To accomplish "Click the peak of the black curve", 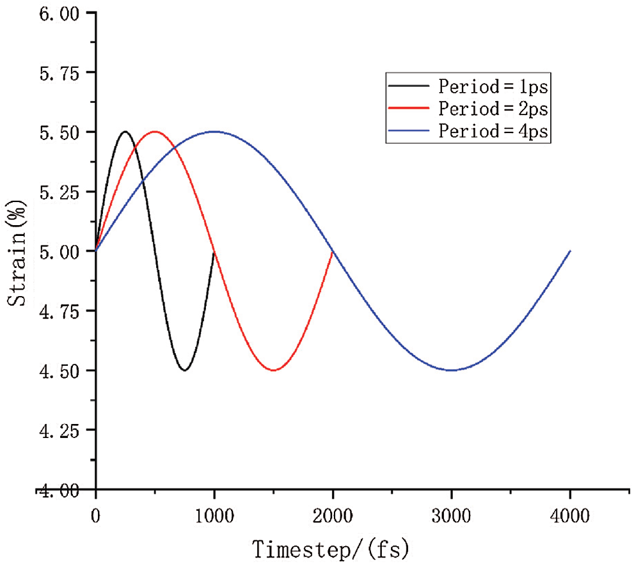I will click(x=125, y=132).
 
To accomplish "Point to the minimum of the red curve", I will click(x=274, y=370).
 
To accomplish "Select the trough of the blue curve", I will click(x=452, y=370).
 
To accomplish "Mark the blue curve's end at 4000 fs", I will click(x=570, y=251).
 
